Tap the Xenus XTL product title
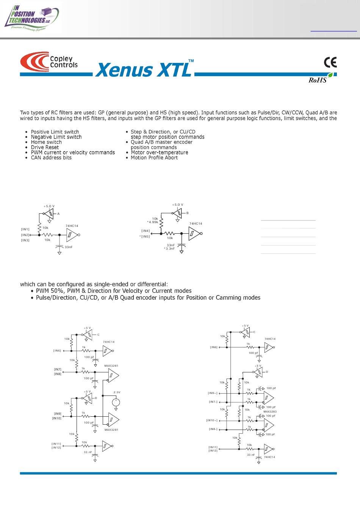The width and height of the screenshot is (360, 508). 144,69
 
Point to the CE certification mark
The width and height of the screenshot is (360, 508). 330,63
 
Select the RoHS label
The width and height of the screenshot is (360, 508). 318,80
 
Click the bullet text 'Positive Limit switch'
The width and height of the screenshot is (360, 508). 55,132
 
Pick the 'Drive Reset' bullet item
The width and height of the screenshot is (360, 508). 45,147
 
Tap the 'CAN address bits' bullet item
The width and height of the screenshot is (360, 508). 51,158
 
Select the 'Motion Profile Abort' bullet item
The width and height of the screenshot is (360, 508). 154,158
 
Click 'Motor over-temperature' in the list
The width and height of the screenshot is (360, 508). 160,152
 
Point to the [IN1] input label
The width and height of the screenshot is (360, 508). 25,229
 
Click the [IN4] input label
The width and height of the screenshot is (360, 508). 146,231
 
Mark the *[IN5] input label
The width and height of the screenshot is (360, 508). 145,236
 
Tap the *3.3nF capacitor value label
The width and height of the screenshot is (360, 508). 169,249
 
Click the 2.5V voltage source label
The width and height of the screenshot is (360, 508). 117,392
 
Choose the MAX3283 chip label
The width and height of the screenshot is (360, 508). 270,411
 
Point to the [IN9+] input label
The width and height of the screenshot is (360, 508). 213,393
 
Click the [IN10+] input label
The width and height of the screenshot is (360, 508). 212,420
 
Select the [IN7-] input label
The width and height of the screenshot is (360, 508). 213,402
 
